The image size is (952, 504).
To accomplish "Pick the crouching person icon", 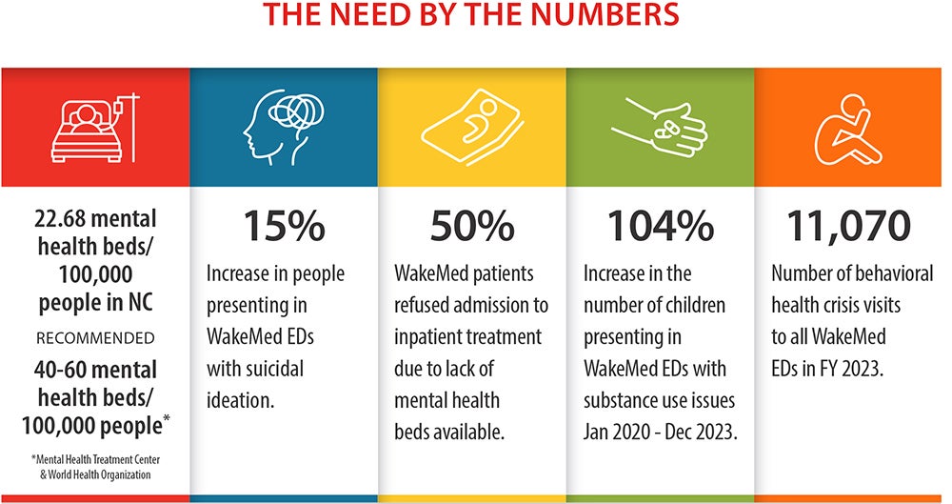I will point(847,129).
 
